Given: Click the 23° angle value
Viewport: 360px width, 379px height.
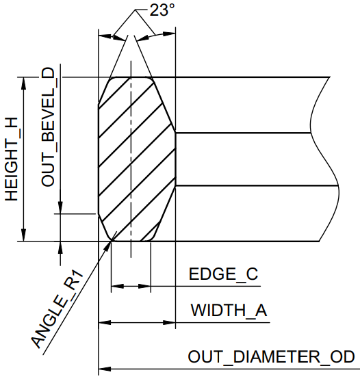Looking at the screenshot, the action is (x=162, y=10).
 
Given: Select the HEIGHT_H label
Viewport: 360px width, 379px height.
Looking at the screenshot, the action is (x=12, y=159).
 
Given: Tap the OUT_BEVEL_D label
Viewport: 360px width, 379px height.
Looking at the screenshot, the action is (x=48, y=127).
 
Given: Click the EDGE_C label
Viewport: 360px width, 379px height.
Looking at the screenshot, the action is (x=223, y=274).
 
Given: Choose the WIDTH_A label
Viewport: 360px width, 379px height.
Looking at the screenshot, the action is (x=229, y=310).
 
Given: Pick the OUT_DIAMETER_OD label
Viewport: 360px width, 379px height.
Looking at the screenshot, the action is (x=271, y=356).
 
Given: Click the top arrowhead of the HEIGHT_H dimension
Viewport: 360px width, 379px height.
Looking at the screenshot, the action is (x=23, y=83).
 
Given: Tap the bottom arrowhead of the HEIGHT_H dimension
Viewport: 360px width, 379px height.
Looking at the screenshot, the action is (x=23, y=235).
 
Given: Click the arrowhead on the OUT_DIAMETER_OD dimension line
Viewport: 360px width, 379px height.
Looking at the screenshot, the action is (x=105, y=369).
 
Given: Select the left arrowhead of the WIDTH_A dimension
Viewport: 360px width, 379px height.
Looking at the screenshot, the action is (x=105, y=322).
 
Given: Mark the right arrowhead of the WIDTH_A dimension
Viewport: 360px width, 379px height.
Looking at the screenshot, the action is (x=169, y=322).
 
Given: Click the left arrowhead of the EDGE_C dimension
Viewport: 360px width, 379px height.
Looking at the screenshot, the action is (x=118, y=287).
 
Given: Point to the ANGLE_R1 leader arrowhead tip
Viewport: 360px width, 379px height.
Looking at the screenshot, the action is (x=112, y=241).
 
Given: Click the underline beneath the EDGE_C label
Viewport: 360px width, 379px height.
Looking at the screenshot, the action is (x=205, y=287).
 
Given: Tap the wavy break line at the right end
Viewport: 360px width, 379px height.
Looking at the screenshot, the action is (x=324, y=159).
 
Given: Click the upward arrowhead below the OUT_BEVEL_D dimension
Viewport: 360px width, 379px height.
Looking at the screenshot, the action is (x=60, y=248).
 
